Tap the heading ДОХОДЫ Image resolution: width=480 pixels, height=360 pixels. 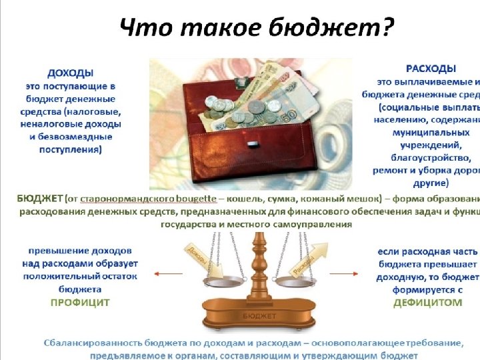70,72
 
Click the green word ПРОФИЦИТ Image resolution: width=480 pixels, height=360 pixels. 80,302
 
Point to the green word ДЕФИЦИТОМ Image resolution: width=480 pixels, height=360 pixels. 428,302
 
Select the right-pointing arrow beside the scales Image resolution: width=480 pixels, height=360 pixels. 347,273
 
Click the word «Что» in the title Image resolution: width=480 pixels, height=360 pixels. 142,29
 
